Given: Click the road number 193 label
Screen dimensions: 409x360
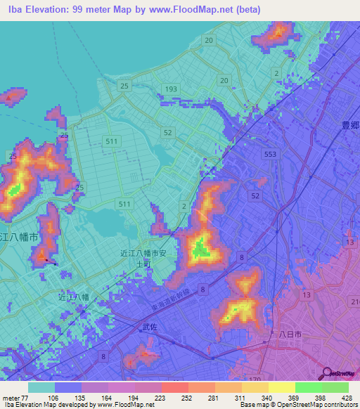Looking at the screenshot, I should point(171,89).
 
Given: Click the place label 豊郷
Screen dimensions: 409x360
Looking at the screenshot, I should point(350,125).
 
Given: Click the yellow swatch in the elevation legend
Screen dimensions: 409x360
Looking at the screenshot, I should point(281,387).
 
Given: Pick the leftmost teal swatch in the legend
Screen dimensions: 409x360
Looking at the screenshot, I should point(41,387).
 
